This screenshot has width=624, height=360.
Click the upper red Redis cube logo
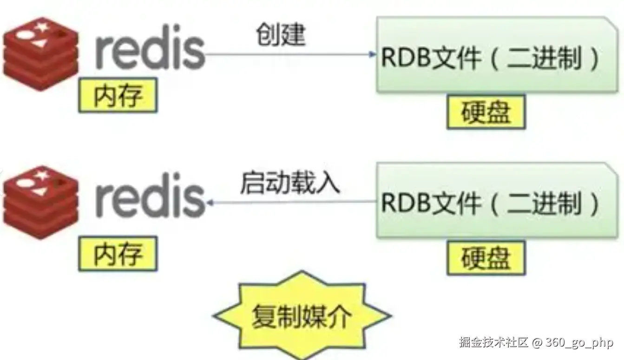[41, 53]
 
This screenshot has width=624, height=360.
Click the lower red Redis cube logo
[41, 202]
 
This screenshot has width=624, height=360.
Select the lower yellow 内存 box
[118, 254]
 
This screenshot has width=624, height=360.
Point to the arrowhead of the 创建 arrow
[373, 54]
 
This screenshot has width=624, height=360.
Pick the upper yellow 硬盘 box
[486, 112]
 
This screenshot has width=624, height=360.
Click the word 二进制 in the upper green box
[544, 59]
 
